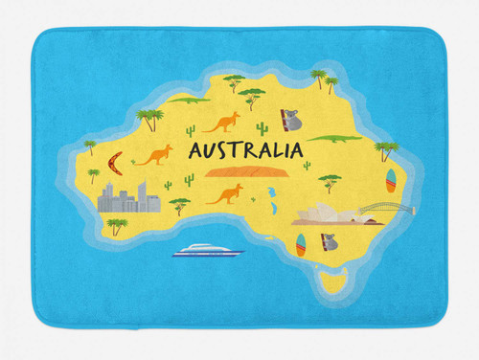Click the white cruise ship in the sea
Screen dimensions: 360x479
tap(207, 251)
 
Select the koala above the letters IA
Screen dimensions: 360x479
tap(290, 120)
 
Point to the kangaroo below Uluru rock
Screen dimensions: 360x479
tap(224, 195)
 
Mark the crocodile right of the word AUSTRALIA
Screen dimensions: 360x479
tap(336, 139)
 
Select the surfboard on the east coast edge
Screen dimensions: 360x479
tap(390, 179)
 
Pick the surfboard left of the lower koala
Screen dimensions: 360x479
tap(301, 245)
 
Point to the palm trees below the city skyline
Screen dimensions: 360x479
tap(116, 226)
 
